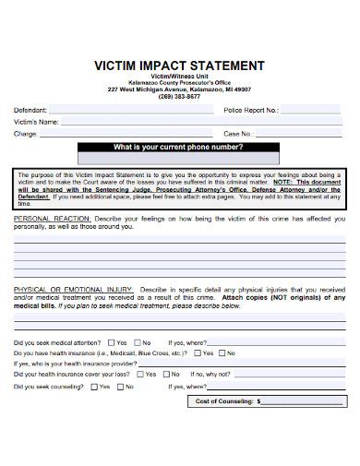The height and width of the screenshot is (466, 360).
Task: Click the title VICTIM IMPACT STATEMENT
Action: (180, 66)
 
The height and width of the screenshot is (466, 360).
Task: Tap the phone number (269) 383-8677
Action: (179, 96)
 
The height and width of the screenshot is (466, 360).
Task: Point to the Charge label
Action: (25, 133)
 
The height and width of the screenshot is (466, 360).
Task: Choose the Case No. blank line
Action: (295, 135)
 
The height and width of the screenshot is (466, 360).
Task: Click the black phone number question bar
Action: (179, 148)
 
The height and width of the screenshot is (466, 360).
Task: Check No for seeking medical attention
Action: (139, 341)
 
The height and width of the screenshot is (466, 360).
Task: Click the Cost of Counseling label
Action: (225, 401)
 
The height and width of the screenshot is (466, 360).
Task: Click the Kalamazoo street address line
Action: (179, 89)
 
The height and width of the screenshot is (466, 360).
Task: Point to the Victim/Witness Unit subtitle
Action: (179, 76)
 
